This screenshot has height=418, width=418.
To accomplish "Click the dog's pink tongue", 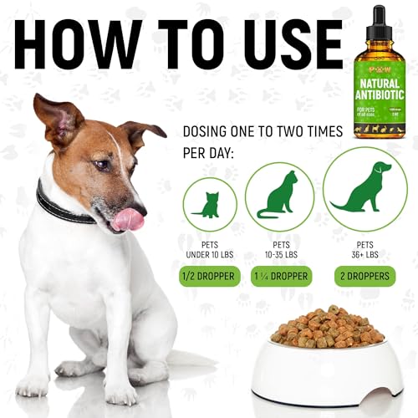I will (128, 218).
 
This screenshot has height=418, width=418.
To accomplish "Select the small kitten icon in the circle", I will (208, 204).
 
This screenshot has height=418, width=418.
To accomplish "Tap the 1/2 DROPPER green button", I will (209, 276).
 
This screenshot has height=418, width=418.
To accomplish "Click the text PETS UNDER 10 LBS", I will (209, 248).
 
